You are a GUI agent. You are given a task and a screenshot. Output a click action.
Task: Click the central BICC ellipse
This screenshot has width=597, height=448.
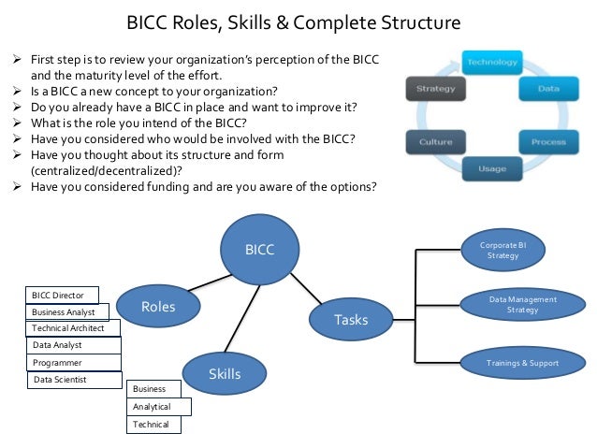pos(259,249)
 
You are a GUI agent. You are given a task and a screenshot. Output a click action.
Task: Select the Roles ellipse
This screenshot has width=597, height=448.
pos(158,306)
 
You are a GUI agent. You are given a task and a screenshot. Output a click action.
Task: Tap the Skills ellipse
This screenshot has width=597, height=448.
pos(224,374)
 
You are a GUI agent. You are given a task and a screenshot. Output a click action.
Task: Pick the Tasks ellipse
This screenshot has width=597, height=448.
pos(351,319)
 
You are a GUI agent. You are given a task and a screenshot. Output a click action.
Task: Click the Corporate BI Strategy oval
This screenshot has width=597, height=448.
pos(504,250)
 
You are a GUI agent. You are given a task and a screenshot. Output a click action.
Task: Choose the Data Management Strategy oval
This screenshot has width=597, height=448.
pos(522,305)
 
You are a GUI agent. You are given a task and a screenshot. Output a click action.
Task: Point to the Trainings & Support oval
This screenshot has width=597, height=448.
pos(522,362)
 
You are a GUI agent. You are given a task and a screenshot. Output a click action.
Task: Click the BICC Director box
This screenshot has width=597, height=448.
pos(61,296)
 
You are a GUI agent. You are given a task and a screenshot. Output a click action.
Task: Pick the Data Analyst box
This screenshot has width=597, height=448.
pos(72,345)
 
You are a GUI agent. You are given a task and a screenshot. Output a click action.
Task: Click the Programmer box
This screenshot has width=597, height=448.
pos(72,362)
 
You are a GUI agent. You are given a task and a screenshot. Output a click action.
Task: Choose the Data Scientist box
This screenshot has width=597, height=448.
pos(74,380)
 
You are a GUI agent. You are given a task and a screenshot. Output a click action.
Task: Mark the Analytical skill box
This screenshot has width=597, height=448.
pos(158,407)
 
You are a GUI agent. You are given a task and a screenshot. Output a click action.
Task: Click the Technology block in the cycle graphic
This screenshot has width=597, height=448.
pos(491,63)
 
